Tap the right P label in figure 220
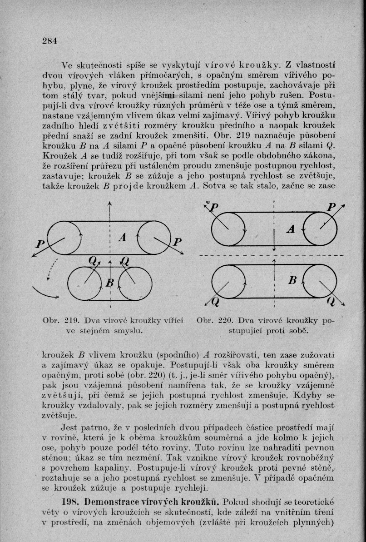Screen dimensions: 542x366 [x=335, y=208]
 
